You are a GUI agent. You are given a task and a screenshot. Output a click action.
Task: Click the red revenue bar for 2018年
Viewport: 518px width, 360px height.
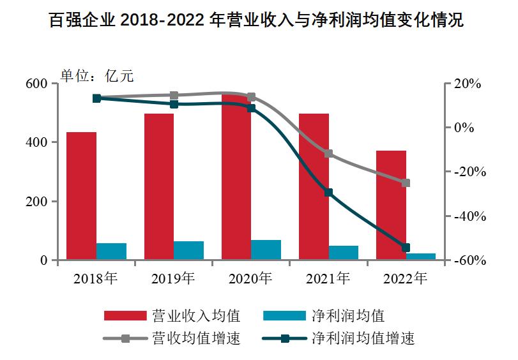(x=81, y=196)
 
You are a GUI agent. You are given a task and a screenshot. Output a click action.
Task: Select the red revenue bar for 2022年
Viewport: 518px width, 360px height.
(x=391, y=206)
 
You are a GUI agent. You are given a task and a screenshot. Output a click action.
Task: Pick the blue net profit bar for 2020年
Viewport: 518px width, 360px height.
(x=266, y=250)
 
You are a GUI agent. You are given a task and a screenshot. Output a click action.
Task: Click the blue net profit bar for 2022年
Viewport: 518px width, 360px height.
(x=421, y=257)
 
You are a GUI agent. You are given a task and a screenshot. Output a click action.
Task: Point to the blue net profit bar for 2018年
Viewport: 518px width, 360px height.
(x=111, y=251)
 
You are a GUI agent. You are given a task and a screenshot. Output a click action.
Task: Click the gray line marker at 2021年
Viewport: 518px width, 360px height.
(x=328, y=154)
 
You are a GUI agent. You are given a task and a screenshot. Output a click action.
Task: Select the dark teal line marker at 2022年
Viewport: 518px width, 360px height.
(x=406, y=248)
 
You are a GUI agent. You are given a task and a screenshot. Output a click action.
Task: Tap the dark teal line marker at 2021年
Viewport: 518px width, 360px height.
(x=328, y=192)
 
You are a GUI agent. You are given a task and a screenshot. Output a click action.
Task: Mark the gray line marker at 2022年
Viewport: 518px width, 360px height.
(x=406, y=183)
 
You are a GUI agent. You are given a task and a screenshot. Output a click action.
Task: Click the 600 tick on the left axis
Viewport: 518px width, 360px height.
(x=38, y=84)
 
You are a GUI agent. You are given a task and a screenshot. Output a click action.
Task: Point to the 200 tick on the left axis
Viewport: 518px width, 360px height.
(x=38, y=202)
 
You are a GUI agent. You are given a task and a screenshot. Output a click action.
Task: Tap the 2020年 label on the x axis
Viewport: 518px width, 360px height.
(x=250, y=278)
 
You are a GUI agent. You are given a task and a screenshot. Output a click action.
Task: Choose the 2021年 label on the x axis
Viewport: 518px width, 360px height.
(x=328, y=278)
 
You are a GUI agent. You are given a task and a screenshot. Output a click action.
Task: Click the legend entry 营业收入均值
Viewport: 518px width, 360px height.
(x=172, y=315)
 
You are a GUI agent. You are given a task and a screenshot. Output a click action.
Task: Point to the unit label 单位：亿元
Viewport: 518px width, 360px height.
(x=96, y=75)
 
